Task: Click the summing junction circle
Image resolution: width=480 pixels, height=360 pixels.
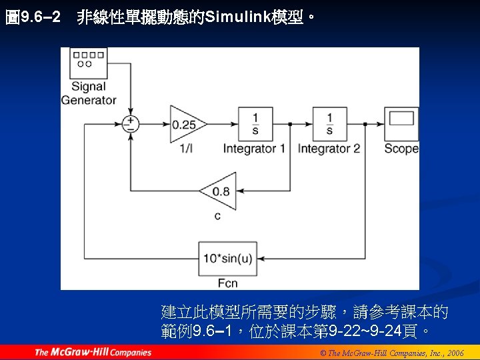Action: point(130,124)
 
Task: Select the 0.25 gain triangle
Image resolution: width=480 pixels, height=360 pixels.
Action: point(186,124)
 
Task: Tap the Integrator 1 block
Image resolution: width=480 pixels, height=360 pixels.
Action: point(255,123)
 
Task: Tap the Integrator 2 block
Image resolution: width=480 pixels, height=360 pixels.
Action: point(329,123)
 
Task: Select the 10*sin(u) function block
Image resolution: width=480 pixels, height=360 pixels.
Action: point(227,258)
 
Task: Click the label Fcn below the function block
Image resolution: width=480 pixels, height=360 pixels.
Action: point(227,283)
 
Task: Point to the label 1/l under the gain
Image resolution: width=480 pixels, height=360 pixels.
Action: point(186,148)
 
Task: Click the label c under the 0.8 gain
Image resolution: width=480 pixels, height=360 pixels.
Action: point(217,215)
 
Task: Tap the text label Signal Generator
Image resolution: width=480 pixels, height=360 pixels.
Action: point(89,93)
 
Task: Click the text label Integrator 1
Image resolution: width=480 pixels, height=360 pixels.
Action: point(254,148)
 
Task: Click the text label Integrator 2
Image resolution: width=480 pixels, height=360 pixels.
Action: point(329,148)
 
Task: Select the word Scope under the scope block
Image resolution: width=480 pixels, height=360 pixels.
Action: point(401,148)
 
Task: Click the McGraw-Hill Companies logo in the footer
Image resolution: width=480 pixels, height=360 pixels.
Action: point(93,352)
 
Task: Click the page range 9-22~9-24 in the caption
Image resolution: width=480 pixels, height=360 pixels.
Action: point(360,331)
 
